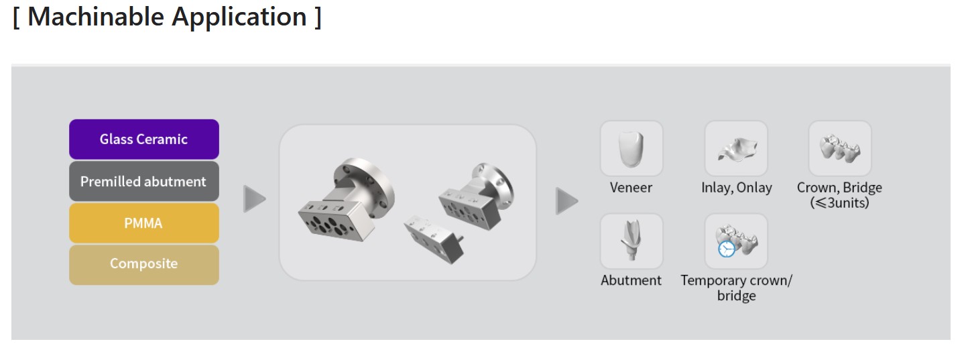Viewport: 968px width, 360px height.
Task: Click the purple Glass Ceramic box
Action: [x=144, y=139]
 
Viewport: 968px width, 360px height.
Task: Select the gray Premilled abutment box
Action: [x=144, y=181]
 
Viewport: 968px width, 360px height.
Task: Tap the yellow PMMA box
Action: [x=144, y=223]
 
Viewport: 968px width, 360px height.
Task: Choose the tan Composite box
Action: [x=144, y=265]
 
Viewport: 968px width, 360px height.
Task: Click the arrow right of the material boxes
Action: [x=254, y=199]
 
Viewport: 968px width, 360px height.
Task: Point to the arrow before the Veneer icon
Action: [x=566, y=201]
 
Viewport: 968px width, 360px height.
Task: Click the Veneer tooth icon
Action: [x=631, y=149]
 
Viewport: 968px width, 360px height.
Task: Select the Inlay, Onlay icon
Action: [x=736, y=149]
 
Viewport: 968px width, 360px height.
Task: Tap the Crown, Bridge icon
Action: [x=840, y=149]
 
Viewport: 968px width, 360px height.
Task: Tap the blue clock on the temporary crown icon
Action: [x=727, y=249]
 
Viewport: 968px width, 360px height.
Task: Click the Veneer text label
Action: [x=631, y=188]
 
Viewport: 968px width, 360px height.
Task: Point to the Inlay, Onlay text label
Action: [x=736, y=188]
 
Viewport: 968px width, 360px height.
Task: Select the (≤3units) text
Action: [x=839, y=202]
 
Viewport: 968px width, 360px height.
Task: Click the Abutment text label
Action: [x=631, y=280]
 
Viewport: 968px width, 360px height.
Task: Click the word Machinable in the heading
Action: [x=95, y=17]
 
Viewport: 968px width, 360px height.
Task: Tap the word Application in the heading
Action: [x=239, y=17]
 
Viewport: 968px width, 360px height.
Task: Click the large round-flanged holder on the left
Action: [x=347, y=200]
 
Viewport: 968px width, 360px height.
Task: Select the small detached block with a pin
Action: [x=434, y=239]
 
